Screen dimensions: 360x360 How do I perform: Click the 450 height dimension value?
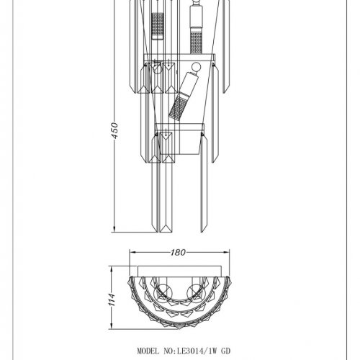coord(115,130)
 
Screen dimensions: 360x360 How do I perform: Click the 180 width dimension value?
coord(178,252)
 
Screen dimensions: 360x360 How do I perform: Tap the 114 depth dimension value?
coord(112,300)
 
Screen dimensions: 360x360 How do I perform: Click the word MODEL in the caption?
coord(148,351)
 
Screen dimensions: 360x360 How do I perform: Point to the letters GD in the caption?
coord(225,351)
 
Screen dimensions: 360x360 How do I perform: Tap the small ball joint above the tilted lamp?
coord(196,66)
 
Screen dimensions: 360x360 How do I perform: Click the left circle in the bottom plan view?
coord(164,292)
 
